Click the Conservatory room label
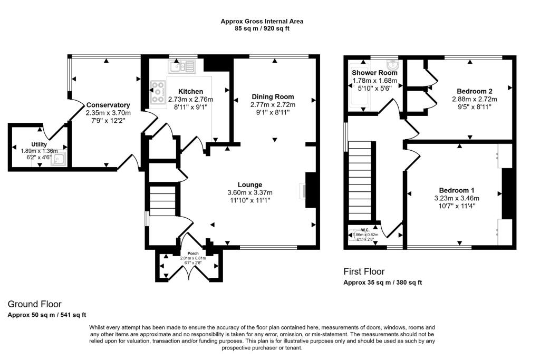tap(108, 105)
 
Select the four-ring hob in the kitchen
tap(158, 92)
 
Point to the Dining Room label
tap(273, 97)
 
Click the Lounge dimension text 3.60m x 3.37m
tap(250, 192)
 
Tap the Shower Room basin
tap(392, 65)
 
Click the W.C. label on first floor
tap(365, 230)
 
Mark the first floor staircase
tap(361, 179)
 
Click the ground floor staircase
tap(162, 201)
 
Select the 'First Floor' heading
tap(364, 271)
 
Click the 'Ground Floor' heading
tap(34, 304)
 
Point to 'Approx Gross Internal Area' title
tap(262, 21)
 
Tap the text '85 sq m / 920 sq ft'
tap(262, 28)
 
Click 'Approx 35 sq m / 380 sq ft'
tap(383, 283)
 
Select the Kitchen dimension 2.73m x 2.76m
tap(190, 99)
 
